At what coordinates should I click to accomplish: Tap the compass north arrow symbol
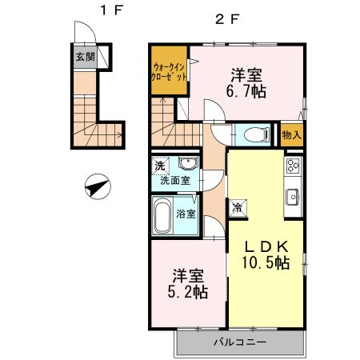[x=96, y=187]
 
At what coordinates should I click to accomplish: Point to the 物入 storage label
[x=292, y=134]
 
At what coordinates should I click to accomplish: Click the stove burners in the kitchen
[x=292, y=166]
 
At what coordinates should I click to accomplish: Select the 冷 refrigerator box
[x=238, y=208]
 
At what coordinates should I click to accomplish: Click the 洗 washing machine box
[x=160, y=166]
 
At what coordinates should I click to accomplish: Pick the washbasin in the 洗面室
[x=188, y=165]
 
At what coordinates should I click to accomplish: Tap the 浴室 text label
[x=186, y=214]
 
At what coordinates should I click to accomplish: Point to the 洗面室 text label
[x=175, y=180]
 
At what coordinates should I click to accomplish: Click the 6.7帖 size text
[x=249, y=92]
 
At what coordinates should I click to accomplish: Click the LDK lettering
[x=266, y=246]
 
